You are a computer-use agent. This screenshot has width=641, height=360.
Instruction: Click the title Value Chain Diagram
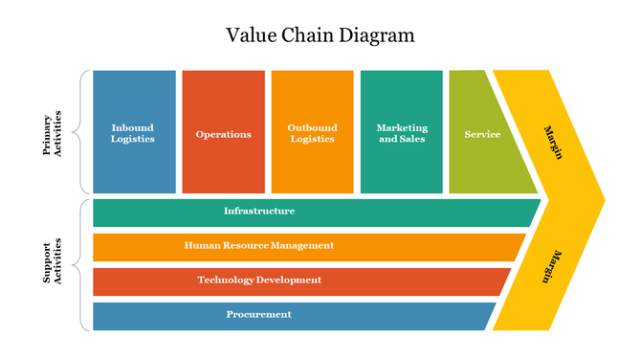pos(320,36)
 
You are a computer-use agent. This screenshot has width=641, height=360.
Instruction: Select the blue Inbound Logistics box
pos(134,132)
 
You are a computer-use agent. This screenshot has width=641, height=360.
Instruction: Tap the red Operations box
pos(223,132)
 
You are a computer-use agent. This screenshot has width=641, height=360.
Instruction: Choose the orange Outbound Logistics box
pos(312,132)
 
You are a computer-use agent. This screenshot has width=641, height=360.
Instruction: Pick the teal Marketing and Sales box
pos(402,132)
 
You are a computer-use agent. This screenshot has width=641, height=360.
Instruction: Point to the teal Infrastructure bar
pos(287,212)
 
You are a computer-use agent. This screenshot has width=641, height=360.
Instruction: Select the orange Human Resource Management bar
pos(287,246)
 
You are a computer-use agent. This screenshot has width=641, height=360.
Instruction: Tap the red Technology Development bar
pos(287,281)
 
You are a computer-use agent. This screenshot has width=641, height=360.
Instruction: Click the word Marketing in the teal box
pos(402,127)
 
